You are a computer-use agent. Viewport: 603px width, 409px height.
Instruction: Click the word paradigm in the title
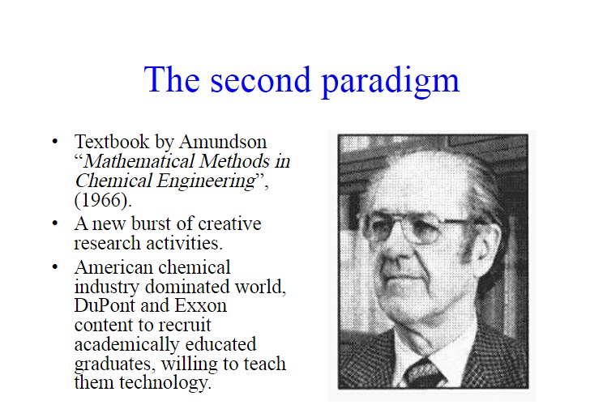pyautogui.click(x=391, y=82)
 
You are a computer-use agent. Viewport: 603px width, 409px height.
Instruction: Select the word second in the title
pyautogui.click(x=260, y=79)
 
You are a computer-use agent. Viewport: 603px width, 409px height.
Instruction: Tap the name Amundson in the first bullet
pyautogui.click(x=223, y=142)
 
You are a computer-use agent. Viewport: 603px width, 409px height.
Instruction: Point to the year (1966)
pyautogui.click(x=103, y=200)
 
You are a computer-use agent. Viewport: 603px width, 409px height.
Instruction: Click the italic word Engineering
pyautogui.click(x=206, y=181)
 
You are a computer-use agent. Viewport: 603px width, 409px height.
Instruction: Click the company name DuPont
pyautogui.click(x=105, y=305)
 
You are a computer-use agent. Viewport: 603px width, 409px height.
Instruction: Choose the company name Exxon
pyautogui.click(x=201, y=305)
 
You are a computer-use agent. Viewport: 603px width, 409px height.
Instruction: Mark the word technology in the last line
pyautogui.click(x=165, y=383)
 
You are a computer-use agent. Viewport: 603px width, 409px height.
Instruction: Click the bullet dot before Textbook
pyautogui.click(x=55, y=142)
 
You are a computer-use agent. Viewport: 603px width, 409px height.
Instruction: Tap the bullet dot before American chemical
pyautogui.click(x=55, y=266)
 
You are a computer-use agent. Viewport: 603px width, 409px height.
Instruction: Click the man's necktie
pyautogui.click(x=423, y=373)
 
